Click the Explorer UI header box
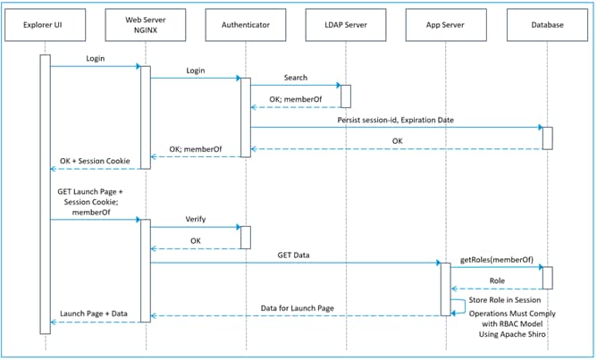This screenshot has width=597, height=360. (45, 25)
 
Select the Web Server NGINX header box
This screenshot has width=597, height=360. (145, 25)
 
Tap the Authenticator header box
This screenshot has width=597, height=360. (245, 25)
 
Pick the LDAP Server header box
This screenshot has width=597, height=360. (345, 25)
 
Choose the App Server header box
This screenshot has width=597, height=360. (445, 25)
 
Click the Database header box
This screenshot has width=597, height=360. (546, 25)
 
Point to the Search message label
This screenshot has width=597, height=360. (296, 78)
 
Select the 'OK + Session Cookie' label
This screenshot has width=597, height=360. (95, 161)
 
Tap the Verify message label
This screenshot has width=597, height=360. (196, 219)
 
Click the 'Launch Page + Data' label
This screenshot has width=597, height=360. (95, 314)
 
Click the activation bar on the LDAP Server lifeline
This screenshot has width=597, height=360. (345, 96)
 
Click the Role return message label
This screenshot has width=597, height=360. (496, 280)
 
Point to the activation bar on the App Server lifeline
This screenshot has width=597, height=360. (444, 289)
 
